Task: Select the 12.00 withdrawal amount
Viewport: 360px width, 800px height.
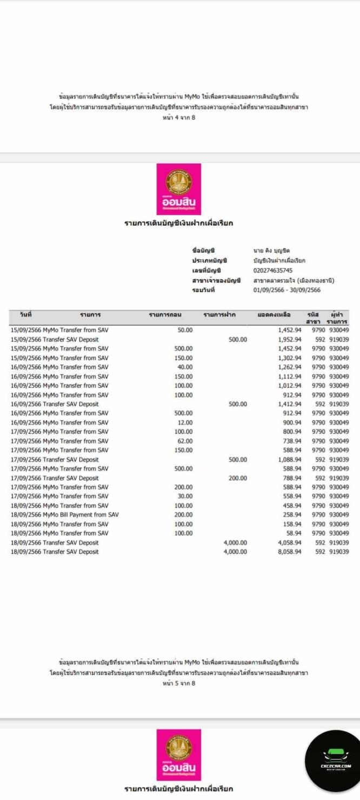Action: point(185,423)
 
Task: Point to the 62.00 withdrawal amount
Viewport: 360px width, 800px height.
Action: point(185,441)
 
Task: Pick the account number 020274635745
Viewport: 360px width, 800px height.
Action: point(273,270)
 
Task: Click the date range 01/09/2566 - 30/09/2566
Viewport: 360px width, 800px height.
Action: point(286,290)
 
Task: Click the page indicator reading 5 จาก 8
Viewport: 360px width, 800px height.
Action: point(179,683)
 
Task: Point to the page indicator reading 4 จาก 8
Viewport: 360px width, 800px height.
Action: point(179,118)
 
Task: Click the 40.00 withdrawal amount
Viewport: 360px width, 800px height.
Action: point(185,367)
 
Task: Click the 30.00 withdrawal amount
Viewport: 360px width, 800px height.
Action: point(185,496)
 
